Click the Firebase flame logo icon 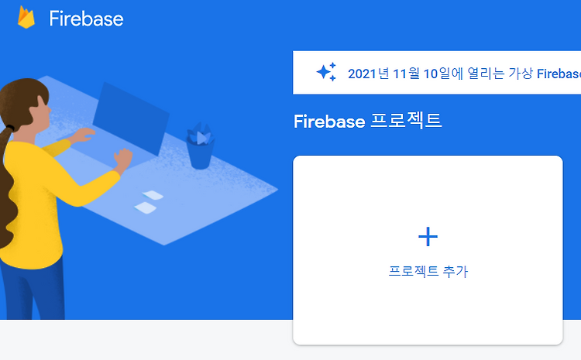26,18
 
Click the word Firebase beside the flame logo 86,19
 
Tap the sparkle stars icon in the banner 326,73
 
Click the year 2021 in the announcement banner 364,74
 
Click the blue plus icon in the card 428,236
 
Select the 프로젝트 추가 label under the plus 428,272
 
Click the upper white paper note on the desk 153,196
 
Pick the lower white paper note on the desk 145,207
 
